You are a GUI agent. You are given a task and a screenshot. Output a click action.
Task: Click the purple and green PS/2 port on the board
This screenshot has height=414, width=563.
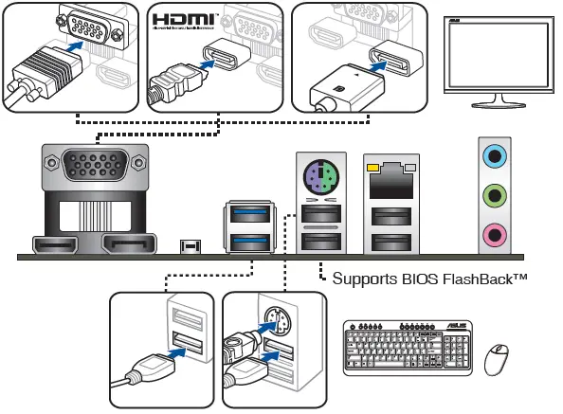321,174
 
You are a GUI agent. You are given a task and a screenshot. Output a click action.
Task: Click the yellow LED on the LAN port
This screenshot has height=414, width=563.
372,169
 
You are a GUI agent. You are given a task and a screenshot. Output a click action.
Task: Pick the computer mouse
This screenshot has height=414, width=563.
497,360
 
